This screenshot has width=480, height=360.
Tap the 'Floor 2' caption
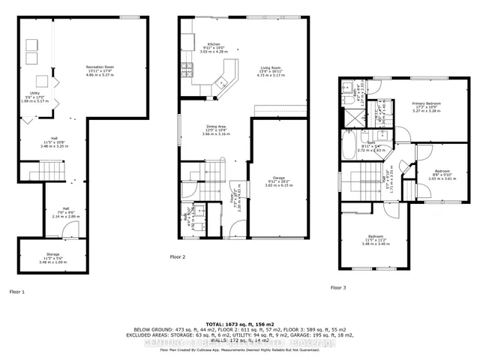pyautogui.click(x=177, y=256)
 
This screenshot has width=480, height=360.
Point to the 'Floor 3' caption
pyautogui.click(x=338, y=287)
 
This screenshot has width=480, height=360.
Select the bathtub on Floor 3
pyautogui.click(x=349, y=148)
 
